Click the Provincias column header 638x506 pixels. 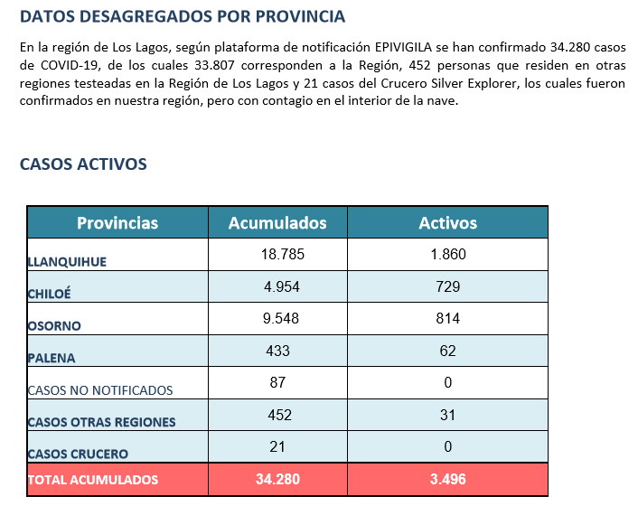[x=117, y=223]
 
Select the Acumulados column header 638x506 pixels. [x=277, y=223]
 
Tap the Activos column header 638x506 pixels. [x=448, y=223]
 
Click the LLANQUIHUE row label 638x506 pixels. [x=67, y=261]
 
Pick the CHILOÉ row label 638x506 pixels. [x=49, y=294]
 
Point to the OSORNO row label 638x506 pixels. [x=54, y=326]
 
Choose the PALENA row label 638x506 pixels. [x=52, y=358]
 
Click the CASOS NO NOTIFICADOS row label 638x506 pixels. [x=100, y=390]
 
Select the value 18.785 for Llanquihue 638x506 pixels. [x=282, y=254]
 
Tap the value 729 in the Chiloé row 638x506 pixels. [x=447, y=286]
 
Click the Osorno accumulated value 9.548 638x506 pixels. [x=281, y=318]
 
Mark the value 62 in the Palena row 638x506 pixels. [x=447, y=351]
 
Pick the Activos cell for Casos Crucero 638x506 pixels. [x=447, y=446]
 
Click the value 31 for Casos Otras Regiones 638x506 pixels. [x=447, y=415]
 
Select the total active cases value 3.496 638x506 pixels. [x=447, y=479]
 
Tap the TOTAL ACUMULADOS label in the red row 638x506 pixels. [x=93, y=480]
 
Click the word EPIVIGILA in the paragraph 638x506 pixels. [x=403, y=47]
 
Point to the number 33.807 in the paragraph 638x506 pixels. [x=214, y=65]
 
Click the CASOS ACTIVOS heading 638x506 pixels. [x=83, y=164]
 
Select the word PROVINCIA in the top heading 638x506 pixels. [x=300, y=16]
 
